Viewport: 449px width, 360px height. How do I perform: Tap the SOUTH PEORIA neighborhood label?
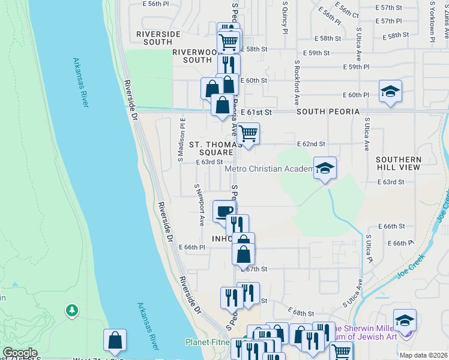click(x=328, y=112)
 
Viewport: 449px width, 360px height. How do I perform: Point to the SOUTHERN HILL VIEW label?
click(x=399, y=163)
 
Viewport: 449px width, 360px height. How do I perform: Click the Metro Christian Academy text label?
click(x=269, y=169)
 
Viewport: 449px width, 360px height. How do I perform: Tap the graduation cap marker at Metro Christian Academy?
click(x=325, y=168)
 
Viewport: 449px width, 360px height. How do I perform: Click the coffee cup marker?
click(x=224, y=211)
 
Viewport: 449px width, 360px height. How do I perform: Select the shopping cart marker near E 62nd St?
click(x=247, y=133)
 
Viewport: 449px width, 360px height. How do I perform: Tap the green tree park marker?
click(x=72, y=310)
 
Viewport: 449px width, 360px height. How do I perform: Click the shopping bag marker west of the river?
click(x=115, y=340)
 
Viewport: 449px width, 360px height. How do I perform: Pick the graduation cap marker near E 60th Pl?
click(x=390, y=91)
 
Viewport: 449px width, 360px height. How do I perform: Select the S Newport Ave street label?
click(x=198, y=205)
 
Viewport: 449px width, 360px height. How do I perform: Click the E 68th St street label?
click(x=301, y=313)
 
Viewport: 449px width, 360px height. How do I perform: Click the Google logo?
click(x=20, y=353)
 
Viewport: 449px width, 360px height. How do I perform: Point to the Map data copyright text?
click(x=423, y=355)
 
